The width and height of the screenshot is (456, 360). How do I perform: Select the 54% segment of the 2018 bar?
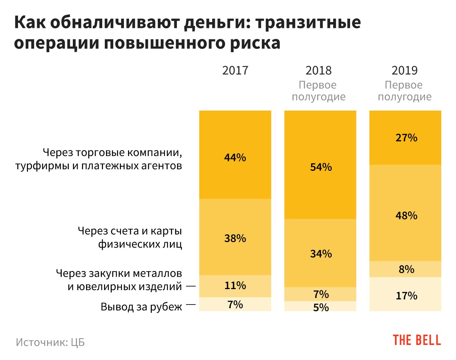(320, 165)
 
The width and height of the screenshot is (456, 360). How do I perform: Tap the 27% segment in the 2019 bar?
(405, 138)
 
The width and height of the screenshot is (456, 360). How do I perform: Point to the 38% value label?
(235, 238)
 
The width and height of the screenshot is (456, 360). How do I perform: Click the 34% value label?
(321, 254)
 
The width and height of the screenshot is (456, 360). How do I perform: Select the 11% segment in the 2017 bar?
(235, 286)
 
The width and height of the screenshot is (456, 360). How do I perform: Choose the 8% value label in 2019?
(406, 269)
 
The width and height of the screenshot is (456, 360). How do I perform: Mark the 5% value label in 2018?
(321, 307)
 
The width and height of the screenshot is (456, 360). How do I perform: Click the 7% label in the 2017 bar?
(235, 305)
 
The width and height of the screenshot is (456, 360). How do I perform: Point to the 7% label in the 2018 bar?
(321, 294)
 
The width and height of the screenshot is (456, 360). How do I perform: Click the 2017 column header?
(235, 70)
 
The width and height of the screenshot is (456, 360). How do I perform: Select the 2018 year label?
(318, 70)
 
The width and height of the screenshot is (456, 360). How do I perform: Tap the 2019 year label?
(405, 70)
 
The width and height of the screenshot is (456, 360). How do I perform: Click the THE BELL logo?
(417, 340)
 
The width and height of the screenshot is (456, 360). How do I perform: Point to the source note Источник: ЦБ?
(50, 342)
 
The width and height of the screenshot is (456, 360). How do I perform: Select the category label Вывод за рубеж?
(141, 307)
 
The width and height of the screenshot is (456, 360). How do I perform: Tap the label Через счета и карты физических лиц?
(130, 238)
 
